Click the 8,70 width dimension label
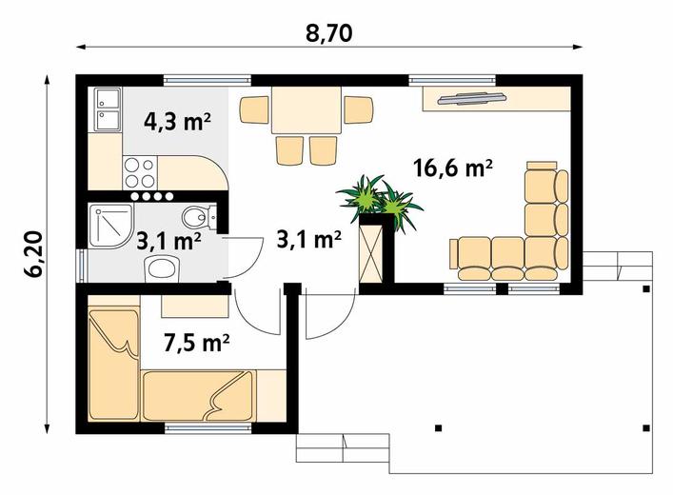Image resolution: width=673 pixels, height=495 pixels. [328, 33]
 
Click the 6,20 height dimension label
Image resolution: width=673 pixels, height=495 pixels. [33, 254]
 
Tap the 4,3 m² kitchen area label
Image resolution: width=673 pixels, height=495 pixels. [177, 122]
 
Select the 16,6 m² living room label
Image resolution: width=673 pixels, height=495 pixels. [452, 168]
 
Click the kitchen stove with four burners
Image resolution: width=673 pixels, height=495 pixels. [140, 172]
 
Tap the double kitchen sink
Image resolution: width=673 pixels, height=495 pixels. [105, 109]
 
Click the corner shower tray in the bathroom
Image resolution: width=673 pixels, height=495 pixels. [110, 226]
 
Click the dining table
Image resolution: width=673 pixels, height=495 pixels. [307, 109]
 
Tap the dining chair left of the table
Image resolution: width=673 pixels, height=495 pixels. [254, 109]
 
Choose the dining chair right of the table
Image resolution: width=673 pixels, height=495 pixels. [359, 109]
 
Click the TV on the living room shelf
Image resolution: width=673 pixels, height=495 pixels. [472, 98]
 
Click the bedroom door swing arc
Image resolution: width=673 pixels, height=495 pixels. [250, 318]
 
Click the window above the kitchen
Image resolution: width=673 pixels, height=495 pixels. [208, 80]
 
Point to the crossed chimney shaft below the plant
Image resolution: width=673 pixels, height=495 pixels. [370, 253]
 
